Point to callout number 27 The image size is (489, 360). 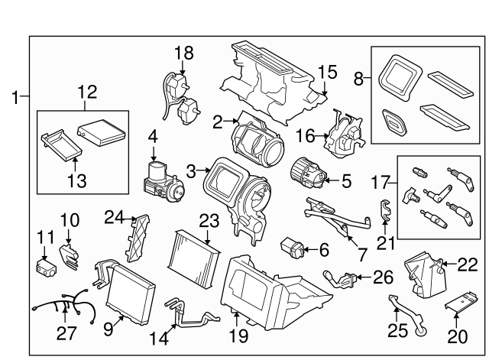pyautogui.click(x=67, y=333)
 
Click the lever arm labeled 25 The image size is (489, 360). pyautogui.click(x=403, y=316)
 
